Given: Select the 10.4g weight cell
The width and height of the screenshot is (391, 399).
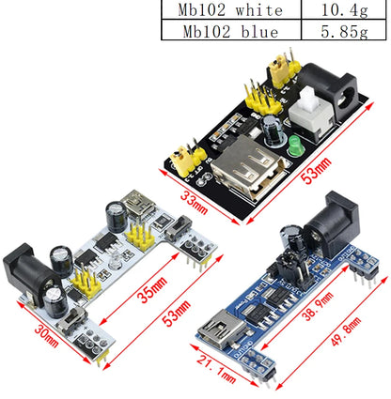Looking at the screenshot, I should (339, 10).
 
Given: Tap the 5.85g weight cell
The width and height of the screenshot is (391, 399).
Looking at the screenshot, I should (339, 31).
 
